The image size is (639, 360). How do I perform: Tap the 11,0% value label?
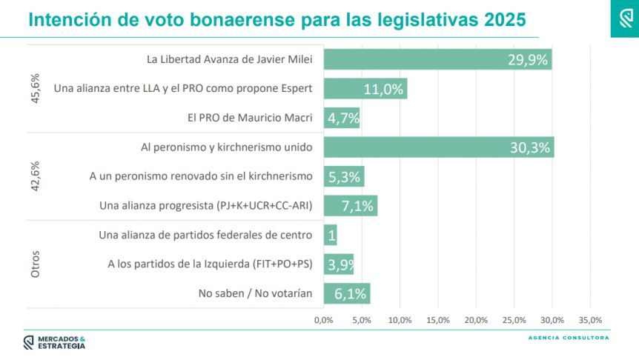[x=383, y=89]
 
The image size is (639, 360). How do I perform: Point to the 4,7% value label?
[x=343, y=118]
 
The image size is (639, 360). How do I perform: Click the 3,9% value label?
[x=340, y=264]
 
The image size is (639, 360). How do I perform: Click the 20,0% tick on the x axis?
[x=476, y=320]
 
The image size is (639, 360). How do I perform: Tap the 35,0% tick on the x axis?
[x=590, y=320]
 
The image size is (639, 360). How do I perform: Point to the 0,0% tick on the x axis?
[x=323, y=320]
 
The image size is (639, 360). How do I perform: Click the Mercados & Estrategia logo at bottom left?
[x=54, y=342]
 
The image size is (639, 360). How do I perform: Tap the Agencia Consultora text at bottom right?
[x=569, y=338]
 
